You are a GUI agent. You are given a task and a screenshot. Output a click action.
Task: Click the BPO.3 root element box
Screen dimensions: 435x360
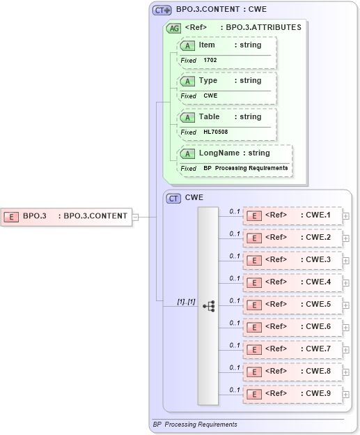[x=66, y=216]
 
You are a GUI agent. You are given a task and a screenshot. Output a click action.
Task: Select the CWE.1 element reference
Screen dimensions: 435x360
[x=292, y=215]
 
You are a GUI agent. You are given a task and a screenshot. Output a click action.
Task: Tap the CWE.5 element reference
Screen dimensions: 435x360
[x=292, y=305]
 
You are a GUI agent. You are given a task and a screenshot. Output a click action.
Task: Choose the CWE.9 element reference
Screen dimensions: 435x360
[x=292, y=394]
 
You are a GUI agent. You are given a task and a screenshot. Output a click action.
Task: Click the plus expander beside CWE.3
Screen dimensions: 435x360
[x=346, y=261]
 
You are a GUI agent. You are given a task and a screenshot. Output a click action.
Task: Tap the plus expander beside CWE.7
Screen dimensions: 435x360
[x=346, y=350]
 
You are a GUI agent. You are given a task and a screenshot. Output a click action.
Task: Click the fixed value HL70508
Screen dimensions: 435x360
[x=215, y=132]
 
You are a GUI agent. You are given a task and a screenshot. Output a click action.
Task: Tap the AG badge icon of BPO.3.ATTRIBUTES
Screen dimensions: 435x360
[x=173, y=28]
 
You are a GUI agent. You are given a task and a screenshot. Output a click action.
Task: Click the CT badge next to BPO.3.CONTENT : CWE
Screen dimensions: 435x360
[x=162, y=10]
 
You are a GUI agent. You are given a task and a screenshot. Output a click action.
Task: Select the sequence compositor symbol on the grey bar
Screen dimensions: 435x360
[x=208, y=305]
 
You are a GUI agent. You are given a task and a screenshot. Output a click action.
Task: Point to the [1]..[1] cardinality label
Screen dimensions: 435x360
[x=186, y=301]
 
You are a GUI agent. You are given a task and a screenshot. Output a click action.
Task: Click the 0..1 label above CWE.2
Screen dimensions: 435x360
[x=235, y=234]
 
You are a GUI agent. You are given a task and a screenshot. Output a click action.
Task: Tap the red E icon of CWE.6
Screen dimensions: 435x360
[x=256, y=327]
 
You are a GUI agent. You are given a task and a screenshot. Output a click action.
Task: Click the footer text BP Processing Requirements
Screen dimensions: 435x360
[x=195, y=425]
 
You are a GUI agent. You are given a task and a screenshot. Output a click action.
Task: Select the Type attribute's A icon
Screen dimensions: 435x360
[x=187, y=81]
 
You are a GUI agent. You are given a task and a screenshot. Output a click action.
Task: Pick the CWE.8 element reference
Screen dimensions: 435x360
[x=292, y=372]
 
